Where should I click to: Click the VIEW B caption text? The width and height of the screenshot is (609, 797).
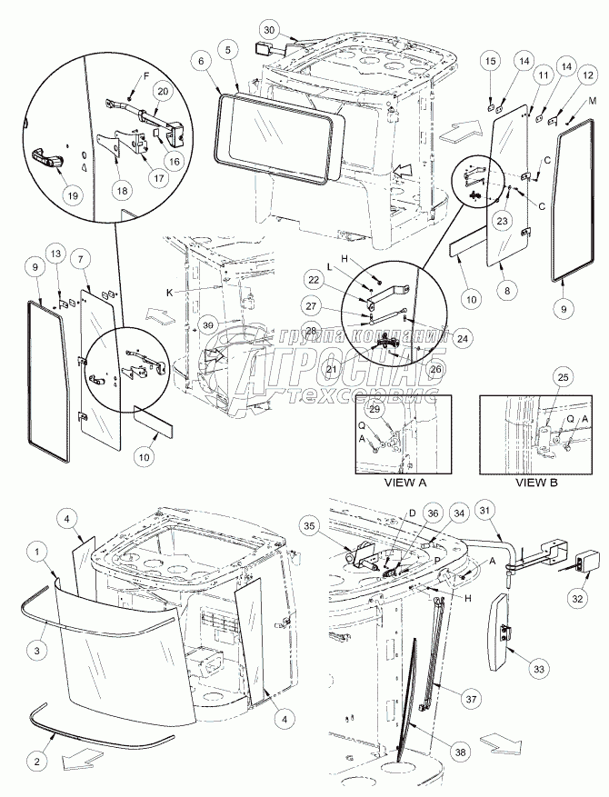click(x=538, y=483)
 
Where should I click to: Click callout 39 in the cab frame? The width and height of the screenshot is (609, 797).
click(x=209, y=326)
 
